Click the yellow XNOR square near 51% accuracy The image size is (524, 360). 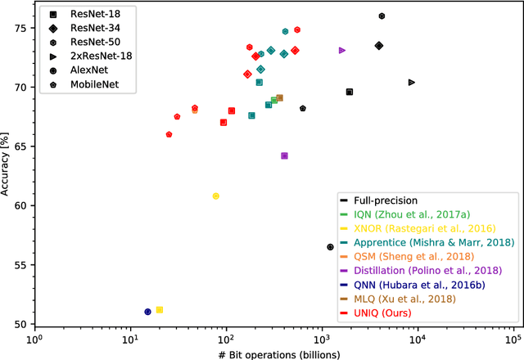160,309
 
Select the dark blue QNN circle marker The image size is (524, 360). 147,312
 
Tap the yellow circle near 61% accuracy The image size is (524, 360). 215,196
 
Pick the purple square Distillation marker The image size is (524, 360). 284,155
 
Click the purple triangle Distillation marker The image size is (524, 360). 341,51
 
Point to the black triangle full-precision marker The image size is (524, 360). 411,82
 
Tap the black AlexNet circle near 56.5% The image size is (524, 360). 330,246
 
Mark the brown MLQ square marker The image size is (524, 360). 279,98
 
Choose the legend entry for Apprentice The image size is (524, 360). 434,242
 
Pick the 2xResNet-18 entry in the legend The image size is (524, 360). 102,56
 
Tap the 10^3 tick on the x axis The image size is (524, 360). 322,337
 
